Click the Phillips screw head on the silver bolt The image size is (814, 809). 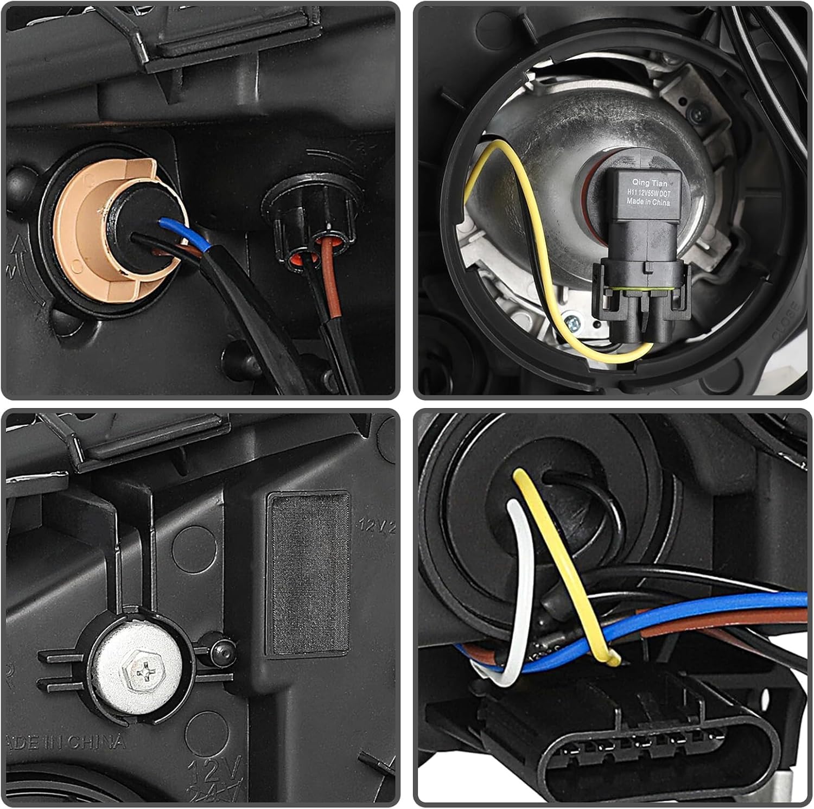(x=146, y=674)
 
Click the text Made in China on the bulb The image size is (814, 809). (x=648, y=202)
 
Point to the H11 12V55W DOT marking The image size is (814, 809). (x=649, y=193)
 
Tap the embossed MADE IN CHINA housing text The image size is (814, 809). (x=65, y=742)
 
